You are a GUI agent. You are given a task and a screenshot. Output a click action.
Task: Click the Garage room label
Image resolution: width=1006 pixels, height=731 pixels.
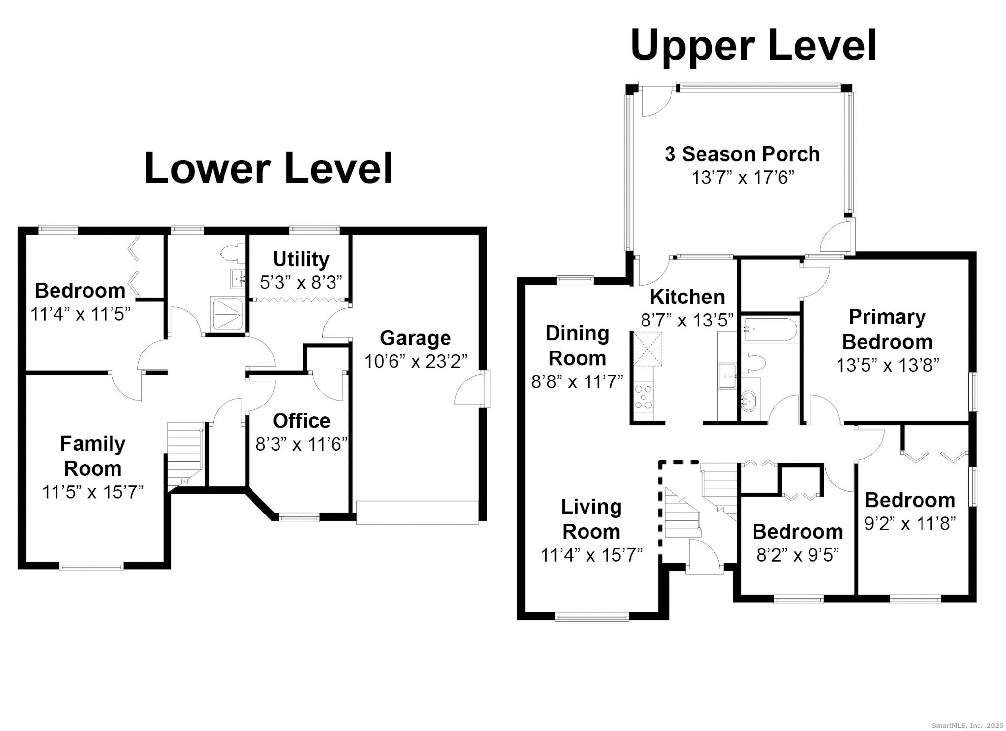(x=415, y=338)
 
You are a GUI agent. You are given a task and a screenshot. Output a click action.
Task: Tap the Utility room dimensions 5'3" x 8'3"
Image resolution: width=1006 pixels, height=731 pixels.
(x=301, y=282)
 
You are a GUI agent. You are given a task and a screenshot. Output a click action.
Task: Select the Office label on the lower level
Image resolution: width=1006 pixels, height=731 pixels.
(x=301, y=421)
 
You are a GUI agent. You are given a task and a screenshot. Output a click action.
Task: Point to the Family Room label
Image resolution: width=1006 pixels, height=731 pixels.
(x=92, y=456)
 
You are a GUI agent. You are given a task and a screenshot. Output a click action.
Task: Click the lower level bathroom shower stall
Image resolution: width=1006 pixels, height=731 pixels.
(x=226, y=313)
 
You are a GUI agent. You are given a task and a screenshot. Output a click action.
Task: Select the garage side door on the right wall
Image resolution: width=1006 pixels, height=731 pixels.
(x=472, y=388)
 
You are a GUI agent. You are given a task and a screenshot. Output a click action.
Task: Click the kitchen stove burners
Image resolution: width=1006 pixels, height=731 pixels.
(x=643, y=397)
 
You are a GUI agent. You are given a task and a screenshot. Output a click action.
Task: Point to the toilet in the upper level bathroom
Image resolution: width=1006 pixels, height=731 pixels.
(x=753, y=363)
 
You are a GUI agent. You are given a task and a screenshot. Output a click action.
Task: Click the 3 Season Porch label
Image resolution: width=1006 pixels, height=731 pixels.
(x=742, y=154)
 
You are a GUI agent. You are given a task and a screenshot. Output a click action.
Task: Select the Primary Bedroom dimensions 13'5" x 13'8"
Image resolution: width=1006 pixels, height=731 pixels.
(x=887, y=365)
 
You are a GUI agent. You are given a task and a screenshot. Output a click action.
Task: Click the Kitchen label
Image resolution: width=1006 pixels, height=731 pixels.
(x=687, y=297)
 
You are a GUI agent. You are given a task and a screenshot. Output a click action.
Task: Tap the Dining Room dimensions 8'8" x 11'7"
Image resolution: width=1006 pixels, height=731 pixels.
(x=577, y=381)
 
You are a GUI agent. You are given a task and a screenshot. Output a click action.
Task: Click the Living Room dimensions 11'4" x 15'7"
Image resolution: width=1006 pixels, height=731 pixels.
(x=591, y=555)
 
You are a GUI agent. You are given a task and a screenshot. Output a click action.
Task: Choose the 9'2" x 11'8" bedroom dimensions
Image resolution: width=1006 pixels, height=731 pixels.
(x=910, y=524)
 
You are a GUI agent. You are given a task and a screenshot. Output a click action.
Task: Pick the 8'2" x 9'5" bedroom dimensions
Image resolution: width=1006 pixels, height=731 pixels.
(x=798, y=555)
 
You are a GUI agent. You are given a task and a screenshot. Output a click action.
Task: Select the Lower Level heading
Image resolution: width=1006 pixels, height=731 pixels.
(x=268, y=168)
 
